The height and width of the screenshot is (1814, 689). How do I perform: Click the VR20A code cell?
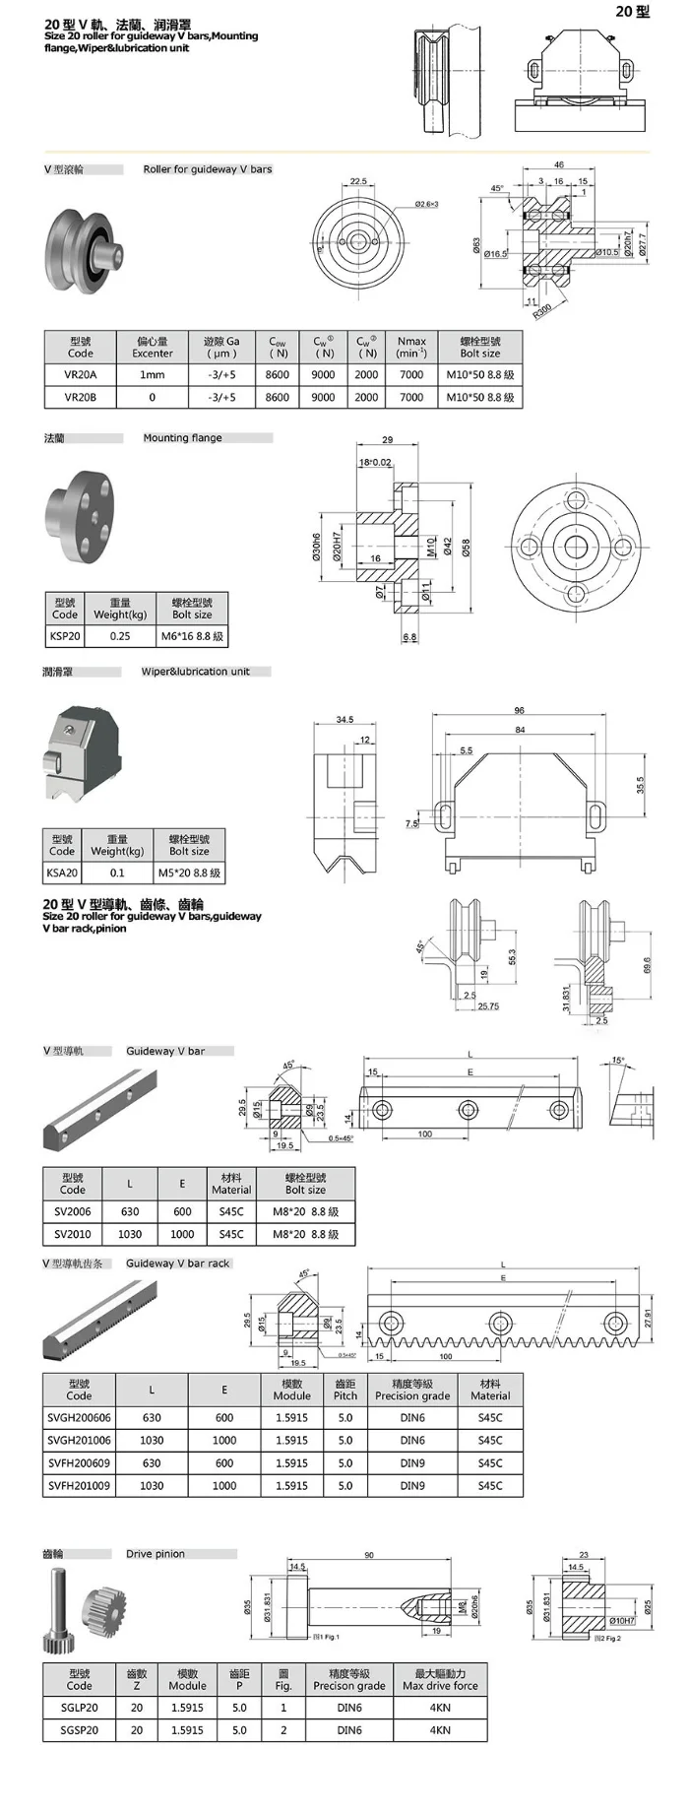pos(80,374)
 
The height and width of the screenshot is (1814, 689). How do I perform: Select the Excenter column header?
pos(152,348)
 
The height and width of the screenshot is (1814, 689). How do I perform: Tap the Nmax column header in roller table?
pos(411,348)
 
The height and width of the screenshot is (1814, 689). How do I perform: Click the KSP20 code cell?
pos(65,636)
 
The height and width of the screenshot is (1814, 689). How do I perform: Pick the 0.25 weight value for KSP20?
pos(120,636)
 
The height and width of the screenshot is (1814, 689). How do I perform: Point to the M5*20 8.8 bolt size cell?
pos(189,873)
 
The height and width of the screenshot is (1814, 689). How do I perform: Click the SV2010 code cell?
pos(72,1234)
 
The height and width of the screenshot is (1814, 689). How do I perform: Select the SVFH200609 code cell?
pos(79,1463)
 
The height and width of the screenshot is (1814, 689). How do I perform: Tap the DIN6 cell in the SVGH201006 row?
pos(412,1441)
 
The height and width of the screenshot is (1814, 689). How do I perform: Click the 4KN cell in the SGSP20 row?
pos(440,1730)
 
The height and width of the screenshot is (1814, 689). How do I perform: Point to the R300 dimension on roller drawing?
pos(542,309)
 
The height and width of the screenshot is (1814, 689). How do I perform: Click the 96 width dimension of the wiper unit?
pos(519,710)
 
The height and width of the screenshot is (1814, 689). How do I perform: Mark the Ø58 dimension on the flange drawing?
pos(467,548)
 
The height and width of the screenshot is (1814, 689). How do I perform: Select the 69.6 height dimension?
pos(647,965)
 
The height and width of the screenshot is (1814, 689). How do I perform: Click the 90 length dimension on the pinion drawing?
pos(369,1555)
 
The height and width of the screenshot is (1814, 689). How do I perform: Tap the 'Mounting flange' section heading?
pos(182,438)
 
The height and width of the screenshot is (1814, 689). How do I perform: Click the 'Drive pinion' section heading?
pos(156,1554)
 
